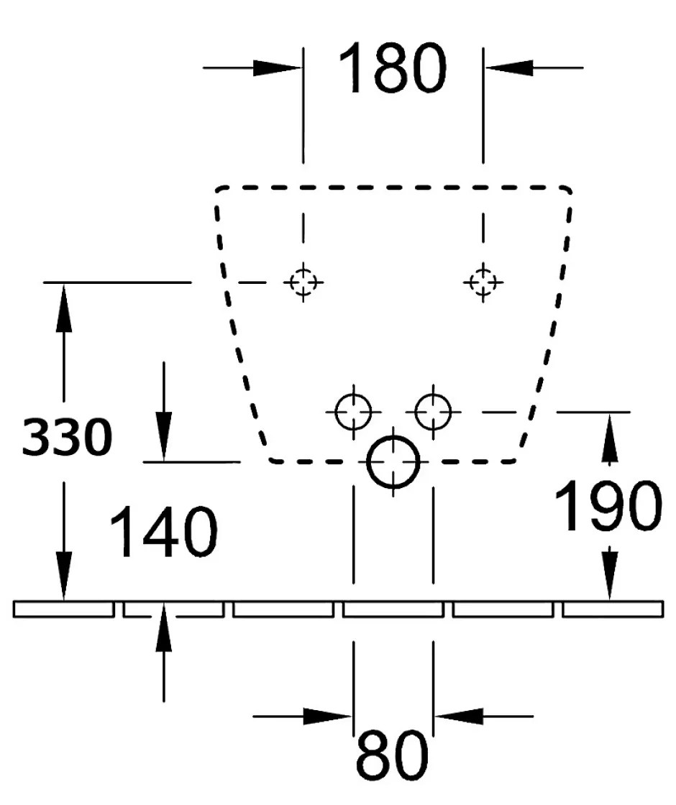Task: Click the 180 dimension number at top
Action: pyautogui.click(x=392, y=68)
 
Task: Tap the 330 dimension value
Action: pyautogui.click(x=67, y=436)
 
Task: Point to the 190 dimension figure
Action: pyautogui.click(x=608, y=506)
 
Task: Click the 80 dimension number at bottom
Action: pyautogui.click(x=392, y=755)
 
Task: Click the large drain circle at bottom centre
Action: pyautogui.click(x=393, y=462)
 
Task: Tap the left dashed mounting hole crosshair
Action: pyautogui.click(x=303, y=282)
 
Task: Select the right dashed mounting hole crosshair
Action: pyautogui.click(x=483, y=282)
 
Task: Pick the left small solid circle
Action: pyautogui.click(x=353, y=411)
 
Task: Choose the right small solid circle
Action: pyautogui.click(x=433, y=411)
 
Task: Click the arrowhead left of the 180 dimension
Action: pyautogui.click(x=276, y=68)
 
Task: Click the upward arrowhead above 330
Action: pyautogui.click(x=64, y=308)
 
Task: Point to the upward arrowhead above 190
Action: pyautogui.click(x=609, y=438)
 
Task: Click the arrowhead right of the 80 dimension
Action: pyautogui.click(x=460, y=716)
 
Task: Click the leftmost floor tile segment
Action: pyautogui.click(x=64, y=609)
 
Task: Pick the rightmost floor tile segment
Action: pyautogui.click(x=613, y=609)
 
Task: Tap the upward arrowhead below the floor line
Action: pyautogui.click(x=163, y=628)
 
